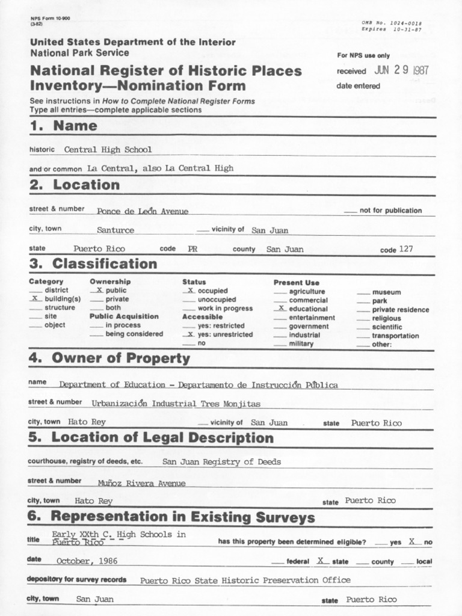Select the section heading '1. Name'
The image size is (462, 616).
click(x=63, y=126)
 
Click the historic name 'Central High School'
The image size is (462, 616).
click(x=108, y=149)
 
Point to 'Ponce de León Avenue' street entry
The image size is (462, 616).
click(x=143, y=211)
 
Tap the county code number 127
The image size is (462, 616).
click(x=406, y=249)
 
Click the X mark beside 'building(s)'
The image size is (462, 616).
click(x=34, y=298)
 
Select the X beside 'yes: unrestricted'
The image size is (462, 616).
click(x=189, y=334)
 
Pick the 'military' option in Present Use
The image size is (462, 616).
click(x=301, y=344)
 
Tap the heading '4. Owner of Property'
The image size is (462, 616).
click(x=109, y=359)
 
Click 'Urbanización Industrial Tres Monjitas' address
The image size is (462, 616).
click(x=176, y=404)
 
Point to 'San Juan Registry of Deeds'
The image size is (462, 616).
click(x=221, y=462)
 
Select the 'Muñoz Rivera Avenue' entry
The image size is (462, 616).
click(x=141, y=483)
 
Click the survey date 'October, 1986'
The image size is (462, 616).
click(x=87, y=561)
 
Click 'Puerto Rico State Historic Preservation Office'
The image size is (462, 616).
click(x=245, y=581)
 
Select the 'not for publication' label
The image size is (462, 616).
click(x=390, y=211)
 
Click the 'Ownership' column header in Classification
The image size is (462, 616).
click(x=110, y=282)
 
